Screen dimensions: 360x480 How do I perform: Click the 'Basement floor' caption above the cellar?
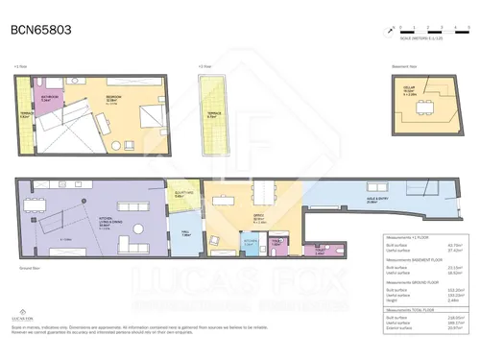click(x=406, y=66)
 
